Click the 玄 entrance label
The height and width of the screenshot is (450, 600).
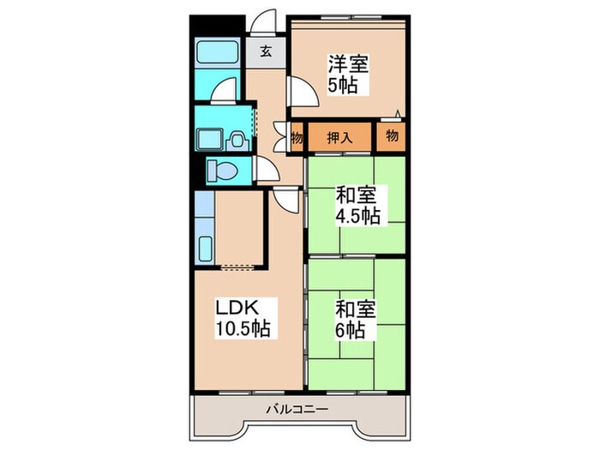(x=266, y=51)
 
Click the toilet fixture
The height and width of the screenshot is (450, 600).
(x=222, y=171)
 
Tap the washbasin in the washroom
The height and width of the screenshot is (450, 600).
(x=209, y=138)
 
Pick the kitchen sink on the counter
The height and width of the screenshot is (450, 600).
(x=206, y=248)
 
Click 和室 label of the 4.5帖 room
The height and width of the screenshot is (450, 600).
(x=353, y=195)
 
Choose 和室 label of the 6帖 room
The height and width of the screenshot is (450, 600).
(x=351, y=307)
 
